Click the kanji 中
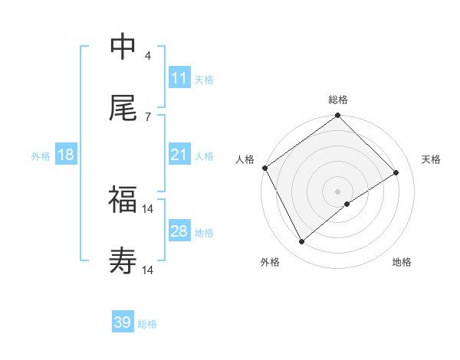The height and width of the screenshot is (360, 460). [x=123, y=47]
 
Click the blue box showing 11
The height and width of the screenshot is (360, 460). [x=179, y=78]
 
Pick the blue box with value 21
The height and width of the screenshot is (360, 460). [x=179, y=155]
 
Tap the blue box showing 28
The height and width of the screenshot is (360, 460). [x=179, y=231]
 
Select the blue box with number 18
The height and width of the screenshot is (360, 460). [x=66, y=155]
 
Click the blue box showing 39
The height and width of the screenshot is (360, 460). [x=123, y=322]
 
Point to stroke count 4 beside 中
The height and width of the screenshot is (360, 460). [x=147, y=55]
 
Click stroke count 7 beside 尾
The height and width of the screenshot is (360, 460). [x=147, y=116]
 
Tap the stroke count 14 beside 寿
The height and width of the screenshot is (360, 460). [x=148, y=270]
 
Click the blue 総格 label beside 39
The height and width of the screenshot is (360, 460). [x=147, y=324]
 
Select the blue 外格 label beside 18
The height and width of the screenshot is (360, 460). [x=41, y=155]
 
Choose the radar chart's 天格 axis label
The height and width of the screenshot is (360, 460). [x=431, y=159]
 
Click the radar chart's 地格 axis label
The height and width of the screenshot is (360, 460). [x=402, y=262]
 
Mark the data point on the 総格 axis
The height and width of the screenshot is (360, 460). [x=338, y=116]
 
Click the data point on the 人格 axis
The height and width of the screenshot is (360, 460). [x=264, y=168]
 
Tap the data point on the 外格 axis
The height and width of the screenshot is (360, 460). [x=302, y=242]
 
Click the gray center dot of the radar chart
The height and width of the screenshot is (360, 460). [x=338, y=191]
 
